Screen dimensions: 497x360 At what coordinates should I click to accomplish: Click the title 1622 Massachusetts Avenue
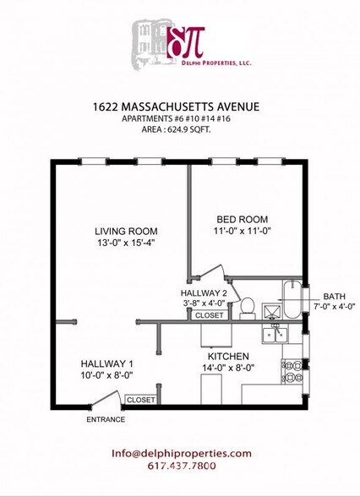click(x=176, y=106)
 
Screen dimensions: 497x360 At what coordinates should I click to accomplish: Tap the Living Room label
click(x=126, y=231)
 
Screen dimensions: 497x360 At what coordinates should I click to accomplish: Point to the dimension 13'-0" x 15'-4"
click(x=126, y=243)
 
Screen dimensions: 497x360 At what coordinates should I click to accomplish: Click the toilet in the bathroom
click(x=248, y=306)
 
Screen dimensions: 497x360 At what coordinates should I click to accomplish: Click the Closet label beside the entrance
click(x=139, y=399)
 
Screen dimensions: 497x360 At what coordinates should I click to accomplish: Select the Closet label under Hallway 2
click(x=209, y=314)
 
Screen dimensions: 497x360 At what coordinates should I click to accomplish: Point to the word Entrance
click(x=106, y=419)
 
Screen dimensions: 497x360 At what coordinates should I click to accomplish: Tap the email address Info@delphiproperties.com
click(x=182, y=453)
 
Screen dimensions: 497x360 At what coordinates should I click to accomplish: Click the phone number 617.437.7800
click(x=181, y=466)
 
